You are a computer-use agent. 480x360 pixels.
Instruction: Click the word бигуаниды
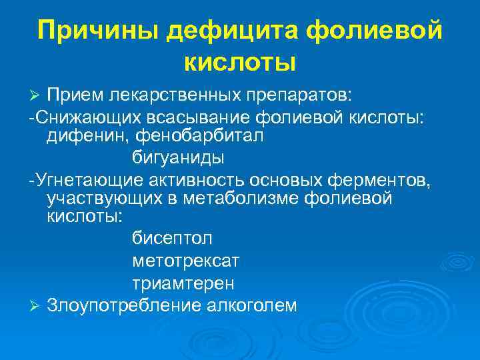(x=177, y=158)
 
